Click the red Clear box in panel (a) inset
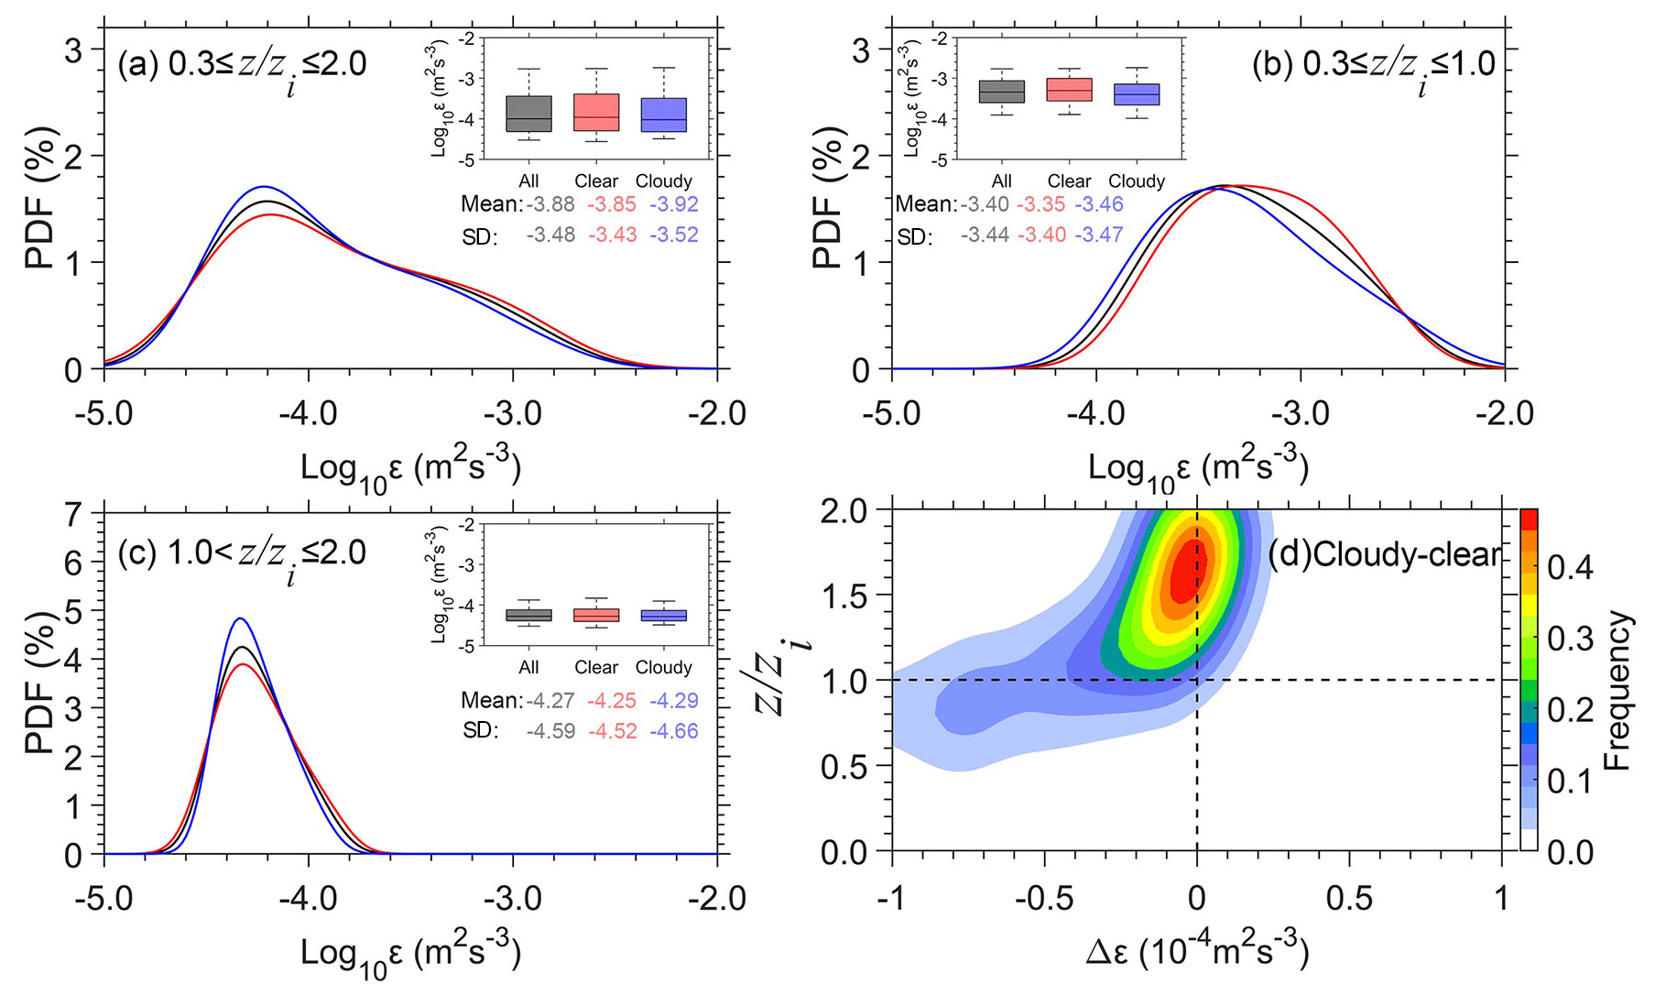[596, 112]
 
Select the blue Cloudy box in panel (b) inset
[1137, 94]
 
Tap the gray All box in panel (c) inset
[528, 615]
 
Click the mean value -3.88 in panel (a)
[550, 204]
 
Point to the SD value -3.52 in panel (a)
[674, 235]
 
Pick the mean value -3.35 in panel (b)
[1041, 204]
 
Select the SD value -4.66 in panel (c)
[674, 730]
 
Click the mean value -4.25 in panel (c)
[612, 700]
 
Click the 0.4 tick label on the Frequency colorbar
[1570, 568]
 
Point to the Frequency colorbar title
[1618, 691]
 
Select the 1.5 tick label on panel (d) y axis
[844, 596]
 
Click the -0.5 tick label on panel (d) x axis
[1044, 899]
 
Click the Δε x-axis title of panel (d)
[1197, 953]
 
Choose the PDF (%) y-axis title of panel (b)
[826, 198]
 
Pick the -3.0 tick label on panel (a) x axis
[512, 413]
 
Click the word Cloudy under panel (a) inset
[663, 180]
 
